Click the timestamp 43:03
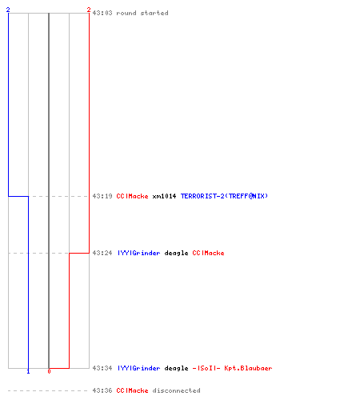[x=102, y=13]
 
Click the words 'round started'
[x=142, y=13]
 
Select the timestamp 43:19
[x=102, y=196]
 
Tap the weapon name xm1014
[x=164, y=196]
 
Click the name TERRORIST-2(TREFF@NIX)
[x=224, y=196]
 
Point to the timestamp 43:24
[x=102, y=253]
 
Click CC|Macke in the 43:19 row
[x=132, y=196]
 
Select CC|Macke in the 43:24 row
[x=208, y=253]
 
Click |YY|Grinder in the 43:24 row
[x=139, y=253]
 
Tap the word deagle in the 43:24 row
[x=176, y=253]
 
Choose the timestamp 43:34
[x=102, y=368]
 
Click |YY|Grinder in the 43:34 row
[x=139, y=368]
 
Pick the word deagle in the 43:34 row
[x=176, y=369]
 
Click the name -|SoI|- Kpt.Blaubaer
[x=232, y=368]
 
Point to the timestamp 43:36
[x=102, y=390]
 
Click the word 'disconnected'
[x=176, y=390]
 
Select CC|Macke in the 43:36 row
[x=132, y=390]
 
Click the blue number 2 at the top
[x=8, y=10]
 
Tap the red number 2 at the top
[x=89, y=10]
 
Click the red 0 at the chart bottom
[x=49, y=371]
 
